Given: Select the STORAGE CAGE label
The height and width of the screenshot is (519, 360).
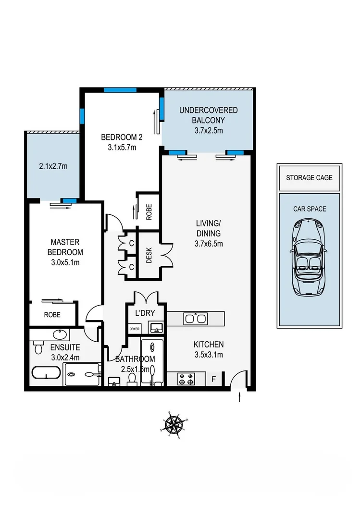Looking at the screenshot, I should [309, 178].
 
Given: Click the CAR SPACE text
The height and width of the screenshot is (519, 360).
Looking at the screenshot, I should [310, 209].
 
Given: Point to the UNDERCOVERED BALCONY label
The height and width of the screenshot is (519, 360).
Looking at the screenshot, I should [208, 115].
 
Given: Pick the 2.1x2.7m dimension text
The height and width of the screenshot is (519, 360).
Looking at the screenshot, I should [53, 167].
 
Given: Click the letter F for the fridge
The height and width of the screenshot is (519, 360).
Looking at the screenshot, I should [215, 378].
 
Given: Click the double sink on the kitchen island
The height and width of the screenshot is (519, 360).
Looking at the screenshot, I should [195, 319].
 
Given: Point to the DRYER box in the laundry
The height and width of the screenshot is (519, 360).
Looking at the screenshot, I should [134, 329].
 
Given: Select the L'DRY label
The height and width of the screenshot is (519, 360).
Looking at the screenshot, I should [145, 313].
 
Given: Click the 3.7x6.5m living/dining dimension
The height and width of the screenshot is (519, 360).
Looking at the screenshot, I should [208, 244].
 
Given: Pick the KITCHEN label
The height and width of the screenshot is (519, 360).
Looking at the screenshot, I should [208, 345].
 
